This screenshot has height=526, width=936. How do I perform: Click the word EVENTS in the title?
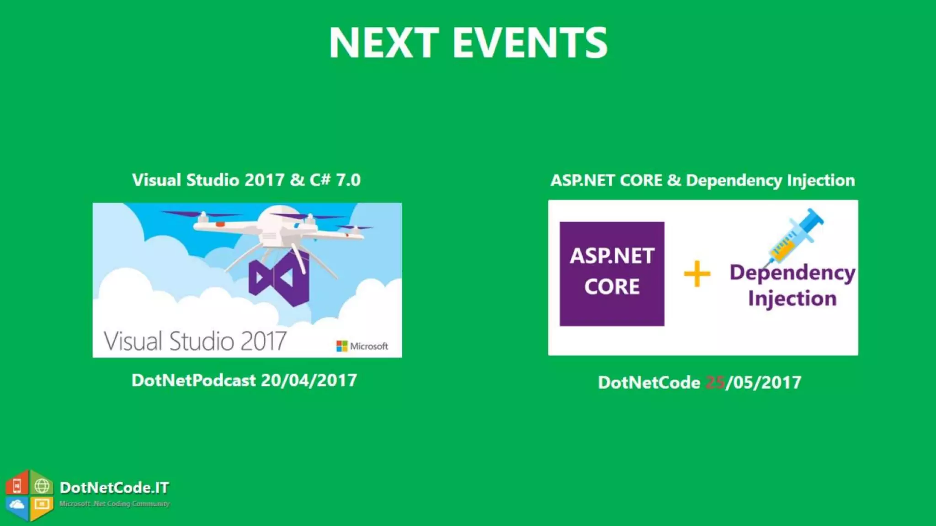coord(530,42)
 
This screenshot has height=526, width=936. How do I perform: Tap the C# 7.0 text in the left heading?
coord(335,180)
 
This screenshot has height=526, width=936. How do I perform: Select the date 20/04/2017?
coord(309,380)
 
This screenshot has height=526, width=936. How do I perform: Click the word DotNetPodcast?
coord(194,380)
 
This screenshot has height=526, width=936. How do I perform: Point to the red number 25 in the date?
coord(715,383)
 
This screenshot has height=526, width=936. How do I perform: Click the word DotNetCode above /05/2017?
coord(649,383)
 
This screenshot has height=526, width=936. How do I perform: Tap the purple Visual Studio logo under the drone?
coord(279,279)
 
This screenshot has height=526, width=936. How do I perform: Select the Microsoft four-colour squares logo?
coord(342,346)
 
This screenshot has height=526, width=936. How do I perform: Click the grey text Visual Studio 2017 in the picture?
coord(195,341)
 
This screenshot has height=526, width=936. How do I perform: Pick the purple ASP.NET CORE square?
coord(612,274)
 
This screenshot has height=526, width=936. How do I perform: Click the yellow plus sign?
coord(697,274)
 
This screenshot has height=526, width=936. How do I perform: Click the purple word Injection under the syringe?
coord(792,299)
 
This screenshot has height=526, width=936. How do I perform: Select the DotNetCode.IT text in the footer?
coord(114,488)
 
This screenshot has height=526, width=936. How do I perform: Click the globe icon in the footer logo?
coord(42,486)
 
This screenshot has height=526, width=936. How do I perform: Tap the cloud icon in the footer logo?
coord(17,505)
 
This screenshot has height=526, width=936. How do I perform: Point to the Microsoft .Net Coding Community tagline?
coord(114,504)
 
